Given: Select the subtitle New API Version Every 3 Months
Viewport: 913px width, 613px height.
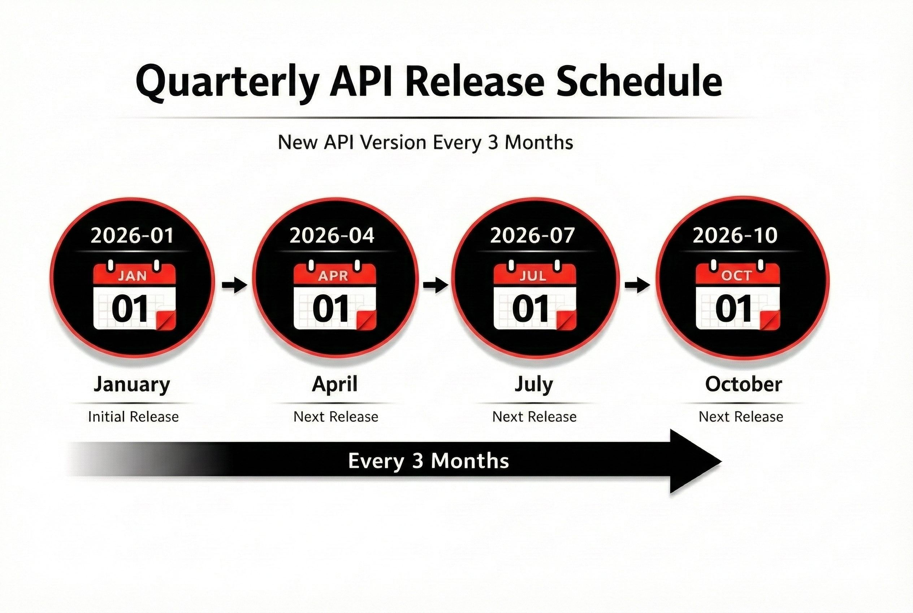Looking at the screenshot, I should [x=425, y=142].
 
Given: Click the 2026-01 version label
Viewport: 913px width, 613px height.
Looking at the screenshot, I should [x=132, y=236].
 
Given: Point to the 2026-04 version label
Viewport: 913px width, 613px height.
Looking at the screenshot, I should [x=332, y=236].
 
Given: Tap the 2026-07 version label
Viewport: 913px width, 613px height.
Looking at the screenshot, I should [x=532, y=236].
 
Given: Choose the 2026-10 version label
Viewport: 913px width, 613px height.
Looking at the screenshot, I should [x=735, y=236].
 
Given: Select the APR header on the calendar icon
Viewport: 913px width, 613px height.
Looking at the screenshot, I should [x=333, y=276].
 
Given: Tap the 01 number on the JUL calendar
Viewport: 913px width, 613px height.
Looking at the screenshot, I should [x=530, y=309].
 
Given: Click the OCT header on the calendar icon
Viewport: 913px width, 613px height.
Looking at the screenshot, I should [x=736, y=276].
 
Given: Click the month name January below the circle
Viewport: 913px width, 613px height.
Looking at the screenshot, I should [x=132, y=384].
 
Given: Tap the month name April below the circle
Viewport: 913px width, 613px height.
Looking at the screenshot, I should [x=335, y=384].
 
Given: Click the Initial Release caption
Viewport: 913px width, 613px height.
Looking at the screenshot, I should [x=133, y=417].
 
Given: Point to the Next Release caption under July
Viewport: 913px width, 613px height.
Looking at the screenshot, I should [x=534, y=417].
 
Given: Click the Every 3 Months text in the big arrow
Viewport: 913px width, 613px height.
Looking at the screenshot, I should [x=428, y=461].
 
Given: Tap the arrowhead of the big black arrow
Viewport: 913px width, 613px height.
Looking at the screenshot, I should [x=693, y=461].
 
